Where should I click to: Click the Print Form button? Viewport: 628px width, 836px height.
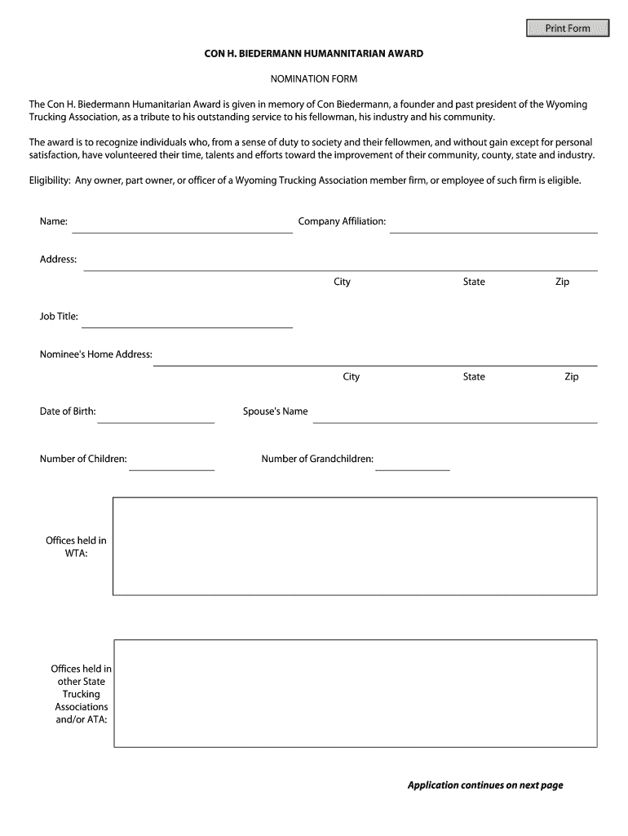[568, 29]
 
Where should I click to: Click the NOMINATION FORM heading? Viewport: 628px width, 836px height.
[314, 79]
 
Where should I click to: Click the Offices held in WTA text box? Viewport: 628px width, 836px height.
[355, 546]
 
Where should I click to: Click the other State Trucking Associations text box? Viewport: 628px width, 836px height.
[355, 694]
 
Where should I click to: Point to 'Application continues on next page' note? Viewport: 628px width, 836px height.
[485, 785]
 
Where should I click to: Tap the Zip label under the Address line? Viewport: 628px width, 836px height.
[562, 282]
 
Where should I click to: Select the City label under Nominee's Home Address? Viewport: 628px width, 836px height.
[351, 376]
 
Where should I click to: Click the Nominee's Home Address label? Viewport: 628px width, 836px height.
[96, 354]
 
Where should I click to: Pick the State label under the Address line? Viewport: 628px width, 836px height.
[474, 282]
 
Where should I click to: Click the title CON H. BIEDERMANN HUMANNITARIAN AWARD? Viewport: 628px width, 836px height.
[314, 54]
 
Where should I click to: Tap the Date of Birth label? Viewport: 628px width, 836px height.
[68, 411]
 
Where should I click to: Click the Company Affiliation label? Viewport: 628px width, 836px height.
[342, 221]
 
